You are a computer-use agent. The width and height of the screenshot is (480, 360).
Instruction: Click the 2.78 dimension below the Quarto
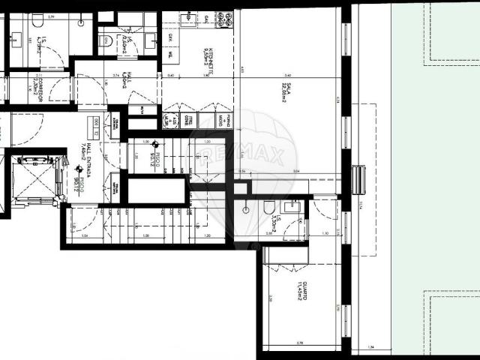[300, 343]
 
